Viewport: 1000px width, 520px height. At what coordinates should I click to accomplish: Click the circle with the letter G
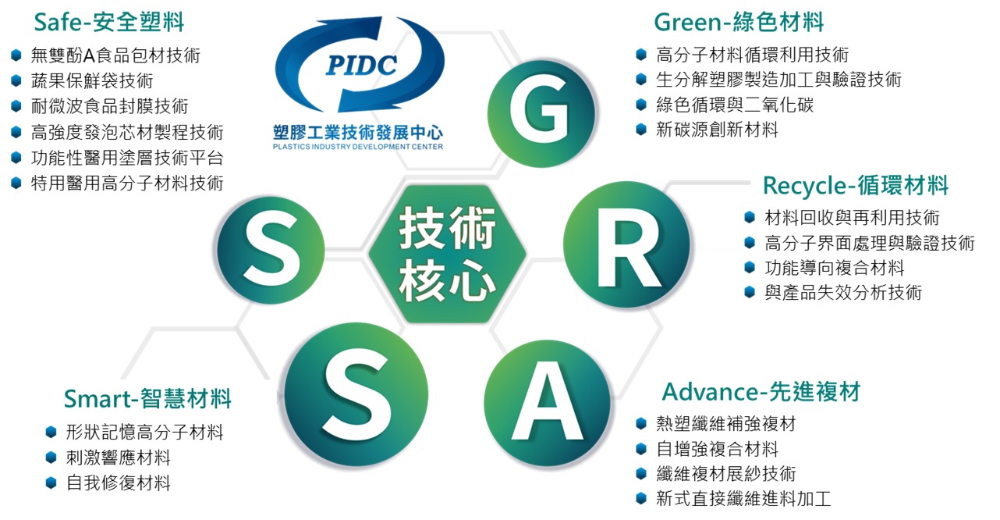(541, 113)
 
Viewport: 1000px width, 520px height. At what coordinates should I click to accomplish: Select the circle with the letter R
(626, 244)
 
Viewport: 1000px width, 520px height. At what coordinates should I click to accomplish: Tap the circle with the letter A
(548, 404)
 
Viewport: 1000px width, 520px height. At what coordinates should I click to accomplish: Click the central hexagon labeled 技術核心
(447, 254)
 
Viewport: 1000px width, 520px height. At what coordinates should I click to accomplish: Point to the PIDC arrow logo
(360, 64)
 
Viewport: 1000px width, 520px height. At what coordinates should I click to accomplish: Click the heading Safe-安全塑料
(109, 22)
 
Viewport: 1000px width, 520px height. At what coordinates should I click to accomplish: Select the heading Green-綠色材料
(739, 22)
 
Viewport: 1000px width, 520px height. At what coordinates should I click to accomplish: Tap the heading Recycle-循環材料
(856, 185)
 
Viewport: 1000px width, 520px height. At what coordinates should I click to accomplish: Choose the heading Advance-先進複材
(761, 392)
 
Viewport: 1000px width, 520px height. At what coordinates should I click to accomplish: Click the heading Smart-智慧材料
(147, 398)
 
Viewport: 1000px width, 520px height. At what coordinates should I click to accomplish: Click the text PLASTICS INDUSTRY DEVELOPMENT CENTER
(358, 147)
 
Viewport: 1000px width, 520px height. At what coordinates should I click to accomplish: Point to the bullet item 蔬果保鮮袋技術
(92, 81)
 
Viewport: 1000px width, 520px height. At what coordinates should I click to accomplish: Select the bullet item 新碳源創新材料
(717, 130)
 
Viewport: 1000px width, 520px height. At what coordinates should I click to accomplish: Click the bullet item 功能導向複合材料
(835, 268)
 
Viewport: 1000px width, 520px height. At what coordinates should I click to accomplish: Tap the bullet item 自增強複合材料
(717, 449)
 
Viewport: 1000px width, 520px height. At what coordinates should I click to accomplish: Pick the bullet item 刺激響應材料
(119, 458)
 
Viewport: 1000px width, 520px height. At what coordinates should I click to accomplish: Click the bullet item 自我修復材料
(119, 483)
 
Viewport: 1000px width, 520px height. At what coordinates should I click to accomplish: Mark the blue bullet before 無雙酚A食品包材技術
(16, 55)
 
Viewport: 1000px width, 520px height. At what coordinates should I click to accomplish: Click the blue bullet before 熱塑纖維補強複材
(641, 423)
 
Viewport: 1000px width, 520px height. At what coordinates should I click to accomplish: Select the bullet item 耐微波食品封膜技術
(109, 106)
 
